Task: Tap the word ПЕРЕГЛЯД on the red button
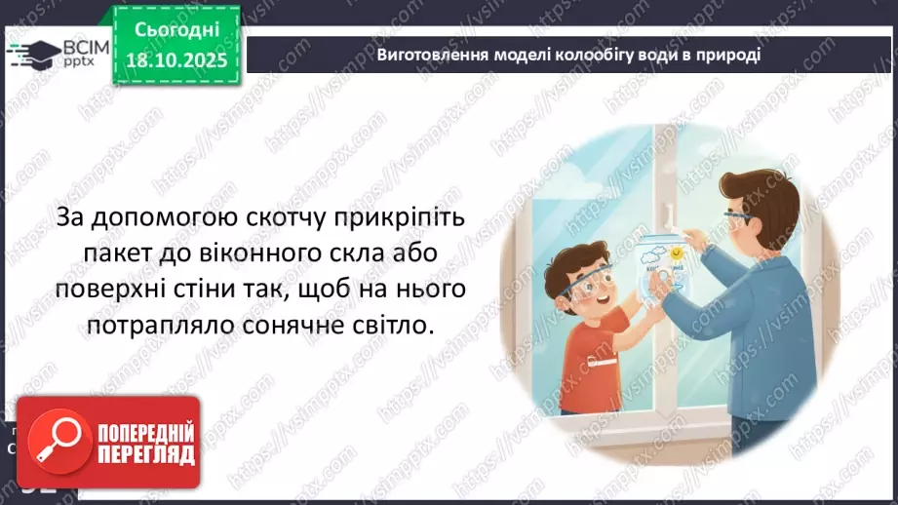145,453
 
